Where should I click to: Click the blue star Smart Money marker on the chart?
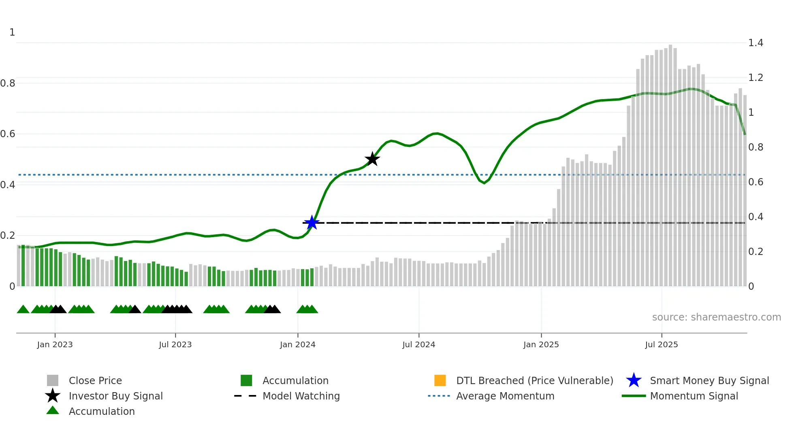(312, 223)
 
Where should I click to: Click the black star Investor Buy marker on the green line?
(372, 159)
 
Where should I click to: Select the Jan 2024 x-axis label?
(297, 344)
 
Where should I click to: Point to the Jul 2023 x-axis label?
(175, 344)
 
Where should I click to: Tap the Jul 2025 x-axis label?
(661, 344)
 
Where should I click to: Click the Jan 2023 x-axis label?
(55, 344)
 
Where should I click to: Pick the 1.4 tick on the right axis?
(756, 43)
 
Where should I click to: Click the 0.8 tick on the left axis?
(8, 83)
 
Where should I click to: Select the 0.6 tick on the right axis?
(756, 182)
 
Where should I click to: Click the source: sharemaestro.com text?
(716, 317)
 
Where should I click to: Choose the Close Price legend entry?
(95, 380)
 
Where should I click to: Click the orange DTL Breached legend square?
(440, 380)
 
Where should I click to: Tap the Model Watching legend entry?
(301, 396)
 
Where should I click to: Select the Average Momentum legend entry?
(505, 396)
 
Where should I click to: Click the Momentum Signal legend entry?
(694, 396)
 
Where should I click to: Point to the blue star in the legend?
(634, 380)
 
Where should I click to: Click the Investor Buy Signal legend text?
(116, 396)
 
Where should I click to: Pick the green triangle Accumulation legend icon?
(53, 410)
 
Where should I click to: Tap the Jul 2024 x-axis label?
(418, 344)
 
